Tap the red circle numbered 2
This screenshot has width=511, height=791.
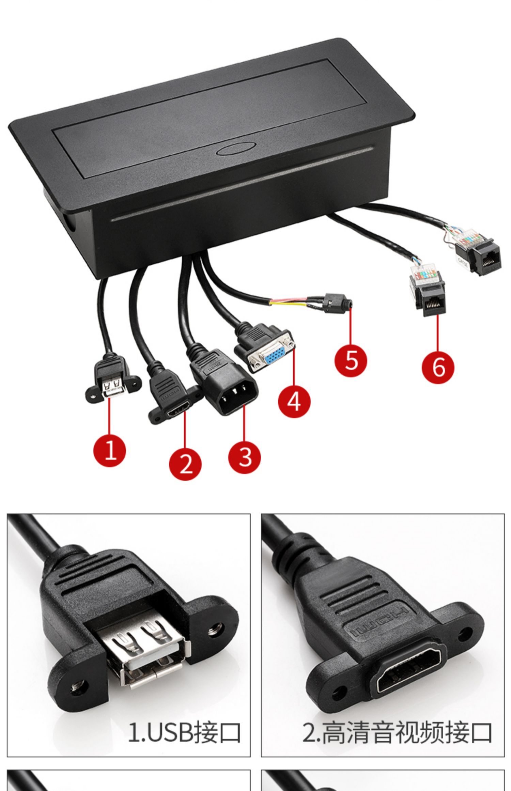(x=185, y=464)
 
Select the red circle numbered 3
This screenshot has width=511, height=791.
(x=245, y=457)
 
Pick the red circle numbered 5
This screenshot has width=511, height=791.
(x=351, y=360)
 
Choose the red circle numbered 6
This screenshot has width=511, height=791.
(x=438, y=367)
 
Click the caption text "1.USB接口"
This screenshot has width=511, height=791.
(x=184, y=732)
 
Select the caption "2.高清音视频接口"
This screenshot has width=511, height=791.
(x=397, y=732)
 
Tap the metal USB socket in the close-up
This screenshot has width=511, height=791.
(x=148, y=651)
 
